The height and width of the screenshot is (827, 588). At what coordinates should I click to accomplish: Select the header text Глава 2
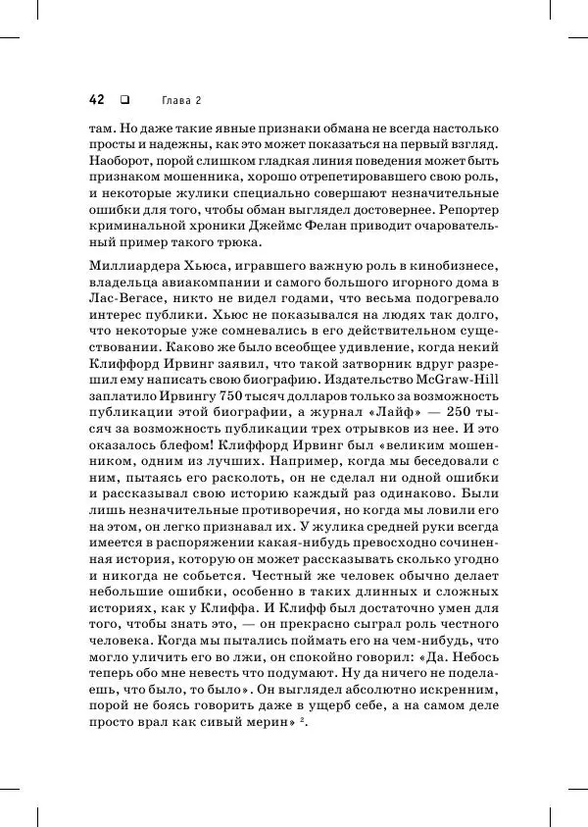point(180,100)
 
